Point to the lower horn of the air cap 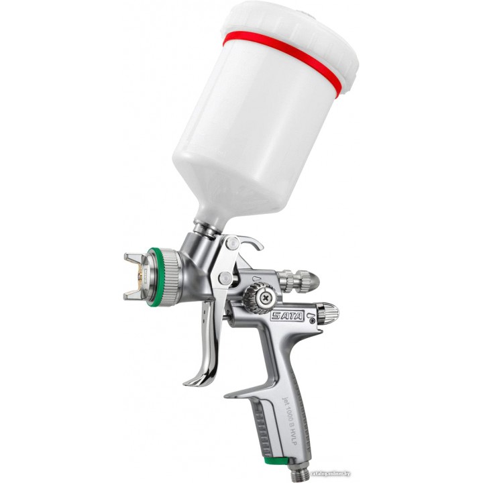point(135,294)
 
